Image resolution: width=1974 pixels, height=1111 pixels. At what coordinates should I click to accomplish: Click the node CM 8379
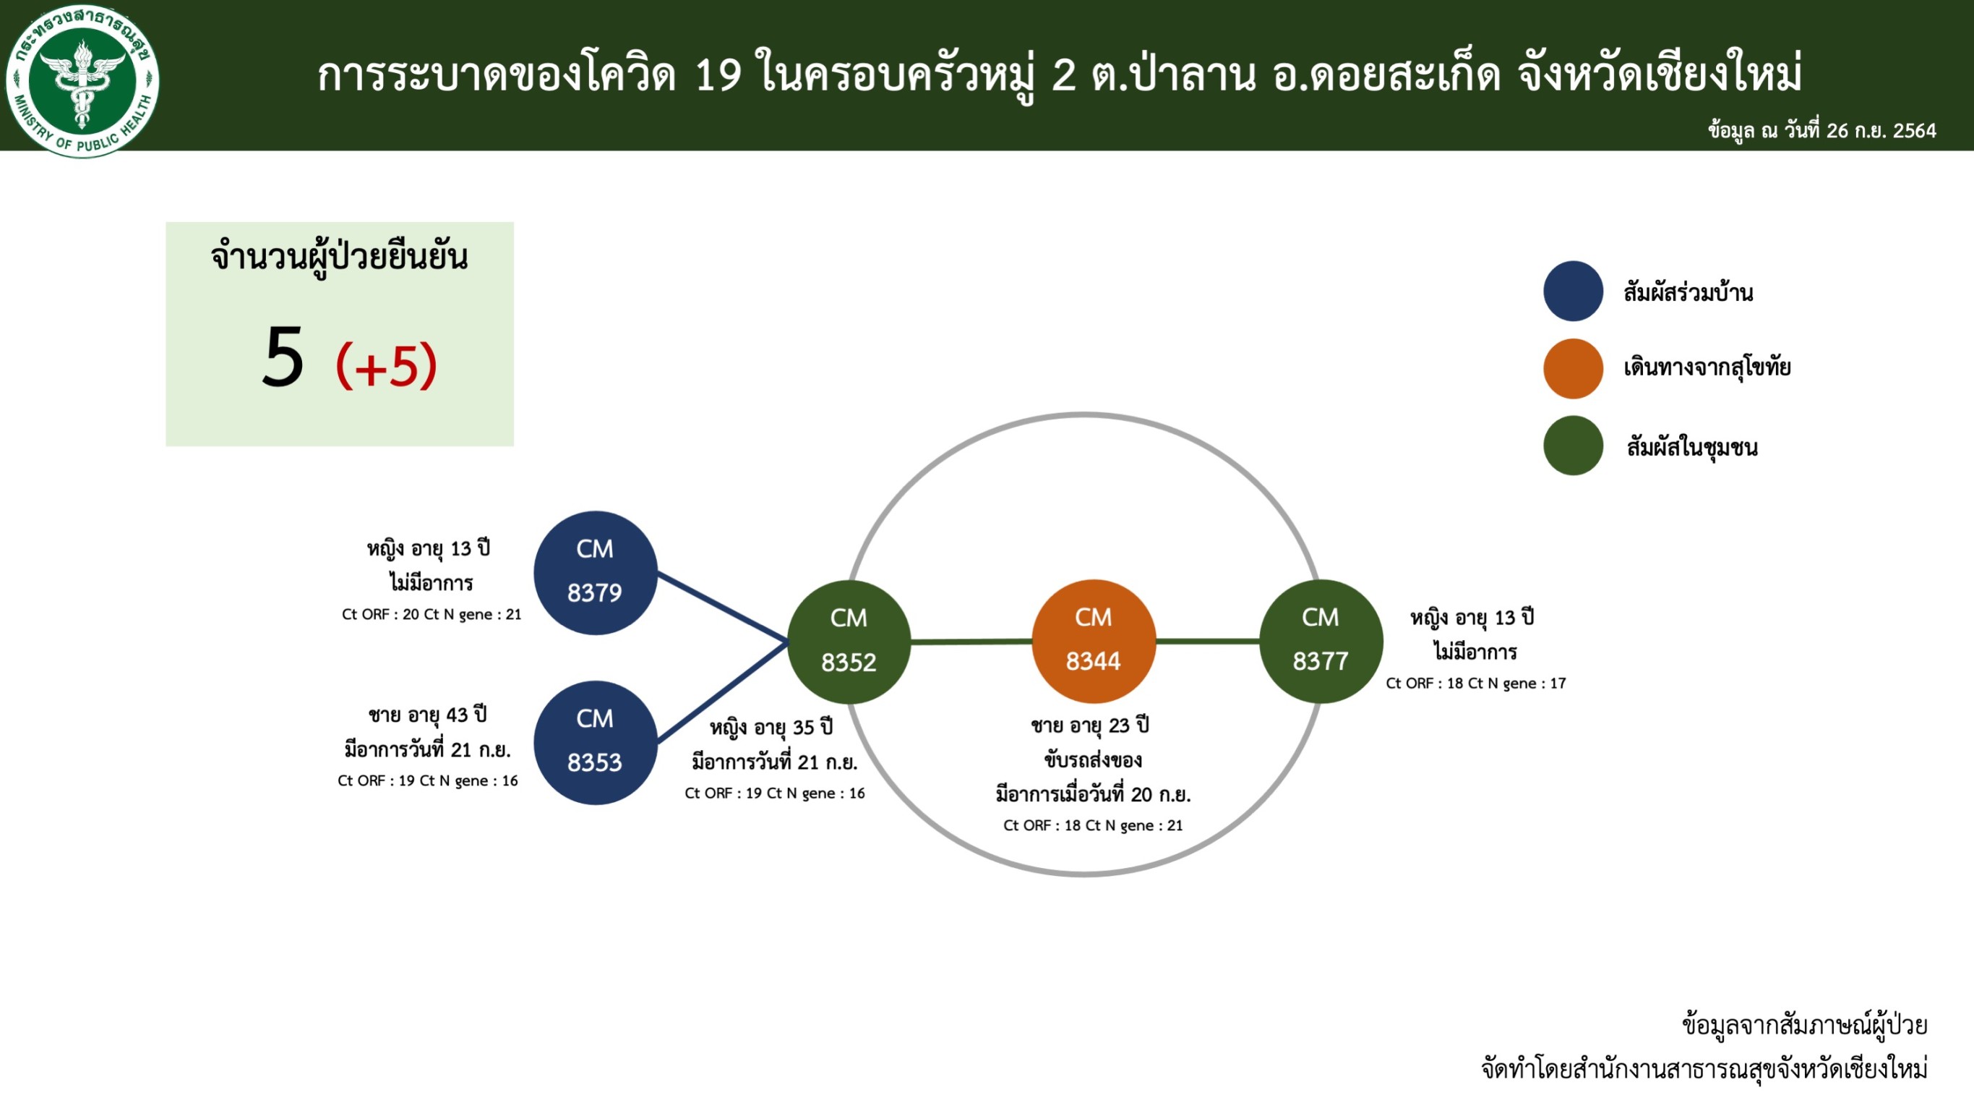tap(596, 573)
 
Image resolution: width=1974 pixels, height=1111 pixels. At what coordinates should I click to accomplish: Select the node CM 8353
tap(596, 742)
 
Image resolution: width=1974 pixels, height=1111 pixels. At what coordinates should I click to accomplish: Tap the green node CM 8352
tap(849, 642)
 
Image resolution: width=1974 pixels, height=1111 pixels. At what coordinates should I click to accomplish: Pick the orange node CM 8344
tap(1094, 641)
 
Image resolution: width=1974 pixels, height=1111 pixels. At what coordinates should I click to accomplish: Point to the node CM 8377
tap(1321, 641)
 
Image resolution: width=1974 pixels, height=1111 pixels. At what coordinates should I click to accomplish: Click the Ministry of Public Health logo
tap(82, 80)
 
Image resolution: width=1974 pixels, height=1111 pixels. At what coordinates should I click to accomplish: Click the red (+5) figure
tap(386, 365)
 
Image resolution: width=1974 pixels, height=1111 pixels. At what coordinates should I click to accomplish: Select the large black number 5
tap(283, 356)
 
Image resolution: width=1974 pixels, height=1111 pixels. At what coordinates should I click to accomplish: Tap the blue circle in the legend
tap(1574, 291)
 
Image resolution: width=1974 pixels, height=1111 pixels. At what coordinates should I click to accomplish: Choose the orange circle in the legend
tap(1574, 369)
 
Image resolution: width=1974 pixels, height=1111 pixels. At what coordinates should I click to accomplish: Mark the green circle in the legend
tap(1574, 446)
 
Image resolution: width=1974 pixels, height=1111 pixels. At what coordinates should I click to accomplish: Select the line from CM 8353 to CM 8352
tap(723, 691)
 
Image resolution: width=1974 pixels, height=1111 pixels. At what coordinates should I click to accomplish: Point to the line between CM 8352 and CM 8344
tap(971, 641)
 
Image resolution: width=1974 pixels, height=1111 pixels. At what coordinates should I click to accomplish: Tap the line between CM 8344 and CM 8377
tap(1208, 640)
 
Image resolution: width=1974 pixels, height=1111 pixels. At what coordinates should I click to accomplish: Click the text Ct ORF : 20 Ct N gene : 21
tap(432, 614)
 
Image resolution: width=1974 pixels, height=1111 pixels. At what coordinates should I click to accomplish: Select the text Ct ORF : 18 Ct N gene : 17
tap(1476, 683)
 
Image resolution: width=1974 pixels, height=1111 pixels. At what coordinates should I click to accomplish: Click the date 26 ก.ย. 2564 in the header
tap(1881, 130)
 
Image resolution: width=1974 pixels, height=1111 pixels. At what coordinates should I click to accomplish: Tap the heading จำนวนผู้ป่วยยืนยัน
tap(339, 257)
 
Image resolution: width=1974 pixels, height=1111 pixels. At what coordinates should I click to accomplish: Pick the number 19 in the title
tap(718, 75)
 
